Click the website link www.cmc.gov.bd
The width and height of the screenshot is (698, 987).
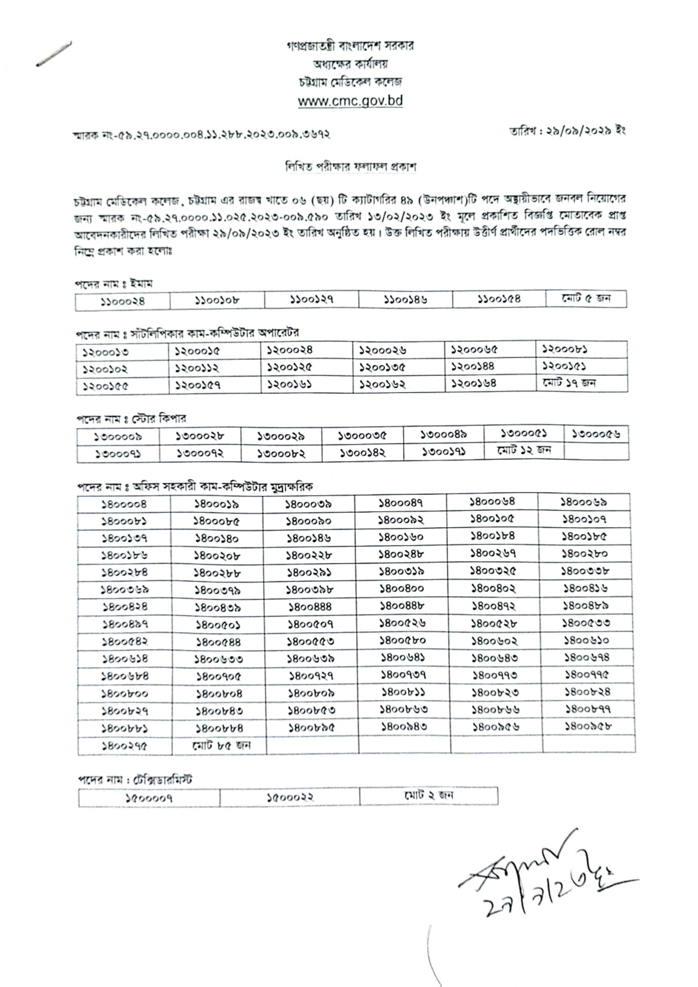(350, 101)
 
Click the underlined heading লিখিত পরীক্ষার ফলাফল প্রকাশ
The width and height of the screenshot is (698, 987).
(351, 167)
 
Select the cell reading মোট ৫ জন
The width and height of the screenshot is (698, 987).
(586, 299)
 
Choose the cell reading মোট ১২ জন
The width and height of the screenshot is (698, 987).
(524, 451)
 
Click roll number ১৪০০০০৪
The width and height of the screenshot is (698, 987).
(124, 504)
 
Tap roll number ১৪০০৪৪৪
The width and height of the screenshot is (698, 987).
(310, 607)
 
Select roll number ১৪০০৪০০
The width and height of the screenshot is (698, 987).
(402, 588)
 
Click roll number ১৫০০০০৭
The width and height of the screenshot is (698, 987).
(149, 798)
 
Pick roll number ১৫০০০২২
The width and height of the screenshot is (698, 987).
(290, 798)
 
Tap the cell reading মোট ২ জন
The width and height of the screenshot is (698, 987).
(429, 795)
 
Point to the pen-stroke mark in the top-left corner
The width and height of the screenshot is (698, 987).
(54, 54)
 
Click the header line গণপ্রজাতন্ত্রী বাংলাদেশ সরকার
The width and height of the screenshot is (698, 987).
(350, 46)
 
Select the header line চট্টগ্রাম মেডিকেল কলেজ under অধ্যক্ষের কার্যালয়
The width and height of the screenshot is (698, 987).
(350, 82)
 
